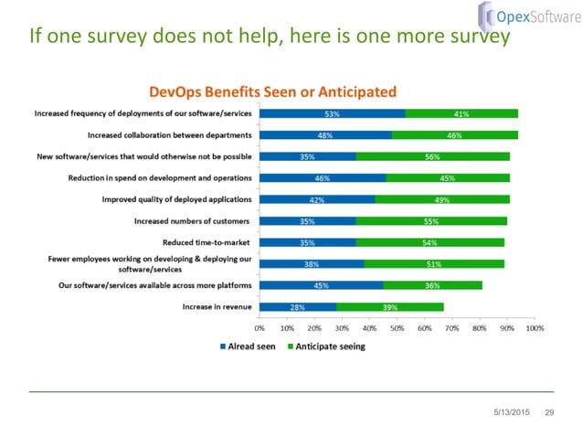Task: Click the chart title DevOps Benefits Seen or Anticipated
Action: (272, 91)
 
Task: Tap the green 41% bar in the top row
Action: (461, 113)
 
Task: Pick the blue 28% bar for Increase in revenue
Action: (298, 307)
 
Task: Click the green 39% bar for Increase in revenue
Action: (390, 307)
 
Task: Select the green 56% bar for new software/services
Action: (433, 156)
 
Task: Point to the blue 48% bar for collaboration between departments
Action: (325, 134)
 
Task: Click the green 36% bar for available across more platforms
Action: (432, 285)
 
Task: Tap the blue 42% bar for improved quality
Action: (317, 199)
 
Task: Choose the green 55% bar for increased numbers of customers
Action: (431, 221)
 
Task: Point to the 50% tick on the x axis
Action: (397, 326)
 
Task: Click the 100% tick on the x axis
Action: (534, 326)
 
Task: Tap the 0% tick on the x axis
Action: (260, 326)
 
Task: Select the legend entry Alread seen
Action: (249, 346)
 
